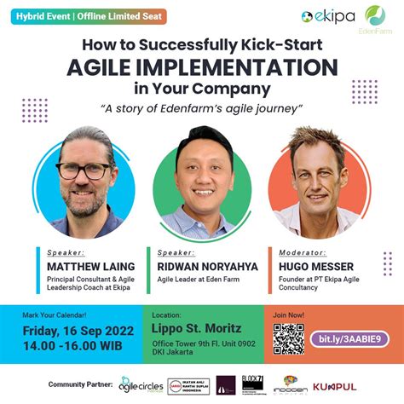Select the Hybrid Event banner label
84,16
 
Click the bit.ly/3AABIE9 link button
349,338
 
